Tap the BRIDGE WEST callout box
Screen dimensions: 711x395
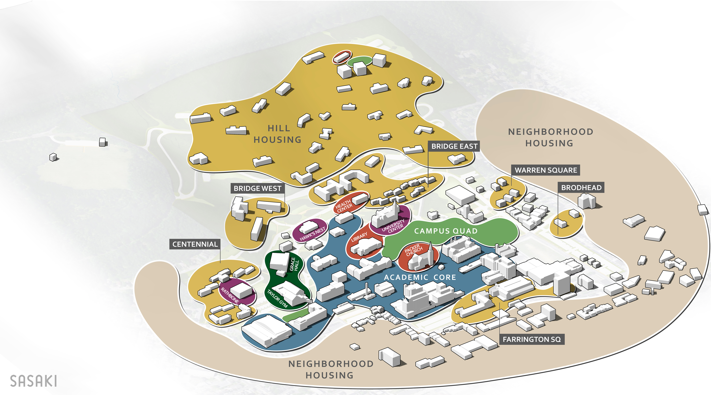point(258,188)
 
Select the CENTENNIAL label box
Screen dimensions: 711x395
point(195,244)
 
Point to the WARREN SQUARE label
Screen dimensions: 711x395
point(546,170)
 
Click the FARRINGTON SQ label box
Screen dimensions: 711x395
point(532,339)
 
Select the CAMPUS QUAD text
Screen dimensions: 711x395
point(446,231)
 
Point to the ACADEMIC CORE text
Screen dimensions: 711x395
point(420,277)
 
